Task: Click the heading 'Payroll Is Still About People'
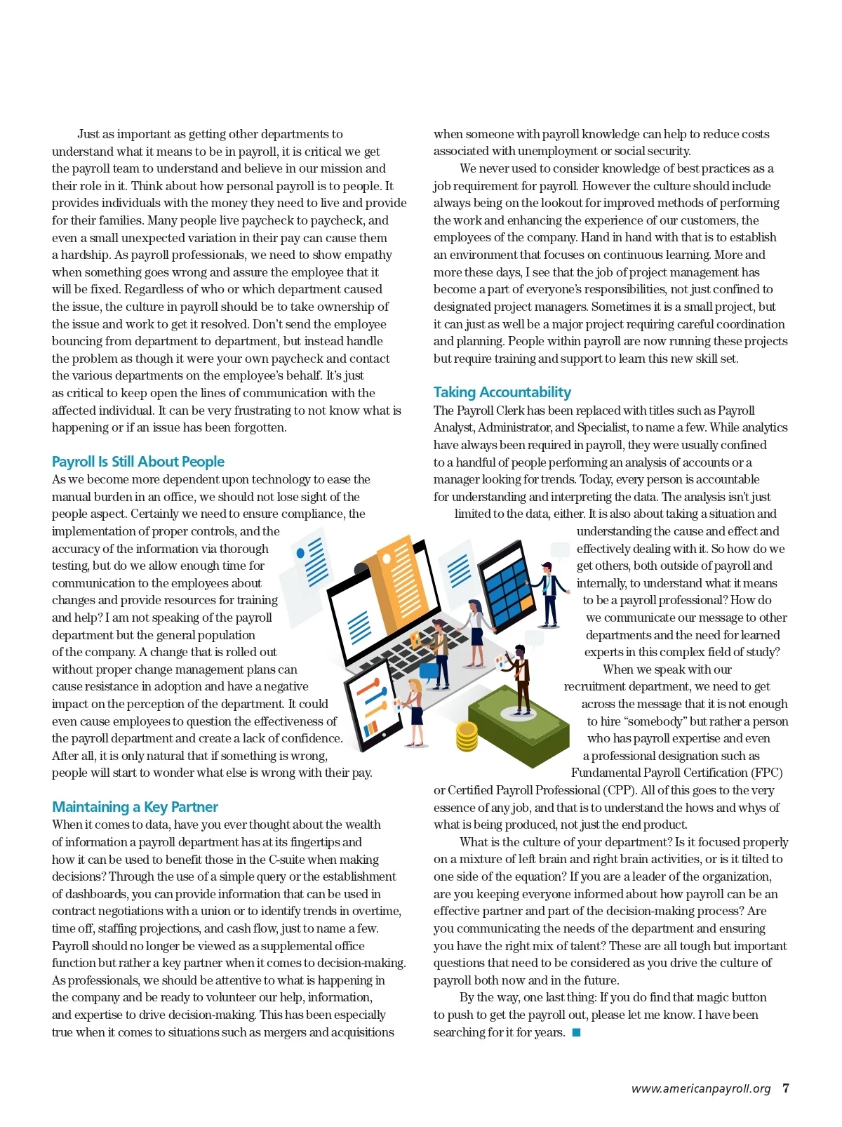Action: pos(138,462)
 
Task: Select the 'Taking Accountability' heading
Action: pos(502,392)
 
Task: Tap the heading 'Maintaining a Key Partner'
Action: pos(135,807)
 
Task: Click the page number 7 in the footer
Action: pos(786,1088)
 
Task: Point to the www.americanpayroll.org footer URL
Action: pos(700,1089)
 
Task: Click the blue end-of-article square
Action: pos(576,1032)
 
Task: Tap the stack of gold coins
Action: pos(467,736)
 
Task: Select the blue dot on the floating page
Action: pos(300,554)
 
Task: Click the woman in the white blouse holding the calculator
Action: pos(476,632)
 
